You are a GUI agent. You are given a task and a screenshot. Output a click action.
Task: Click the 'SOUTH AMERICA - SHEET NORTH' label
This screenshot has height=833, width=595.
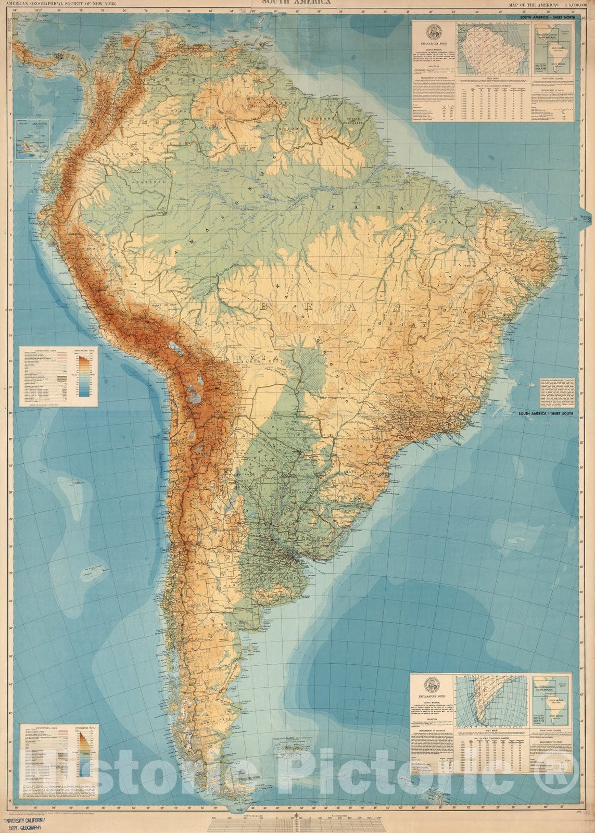point(547,17)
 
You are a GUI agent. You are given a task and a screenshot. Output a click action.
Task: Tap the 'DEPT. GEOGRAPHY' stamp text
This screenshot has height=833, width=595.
point(24,828)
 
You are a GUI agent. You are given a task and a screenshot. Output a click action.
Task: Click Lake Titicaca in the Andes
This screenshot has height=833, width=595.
point(171,346)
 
